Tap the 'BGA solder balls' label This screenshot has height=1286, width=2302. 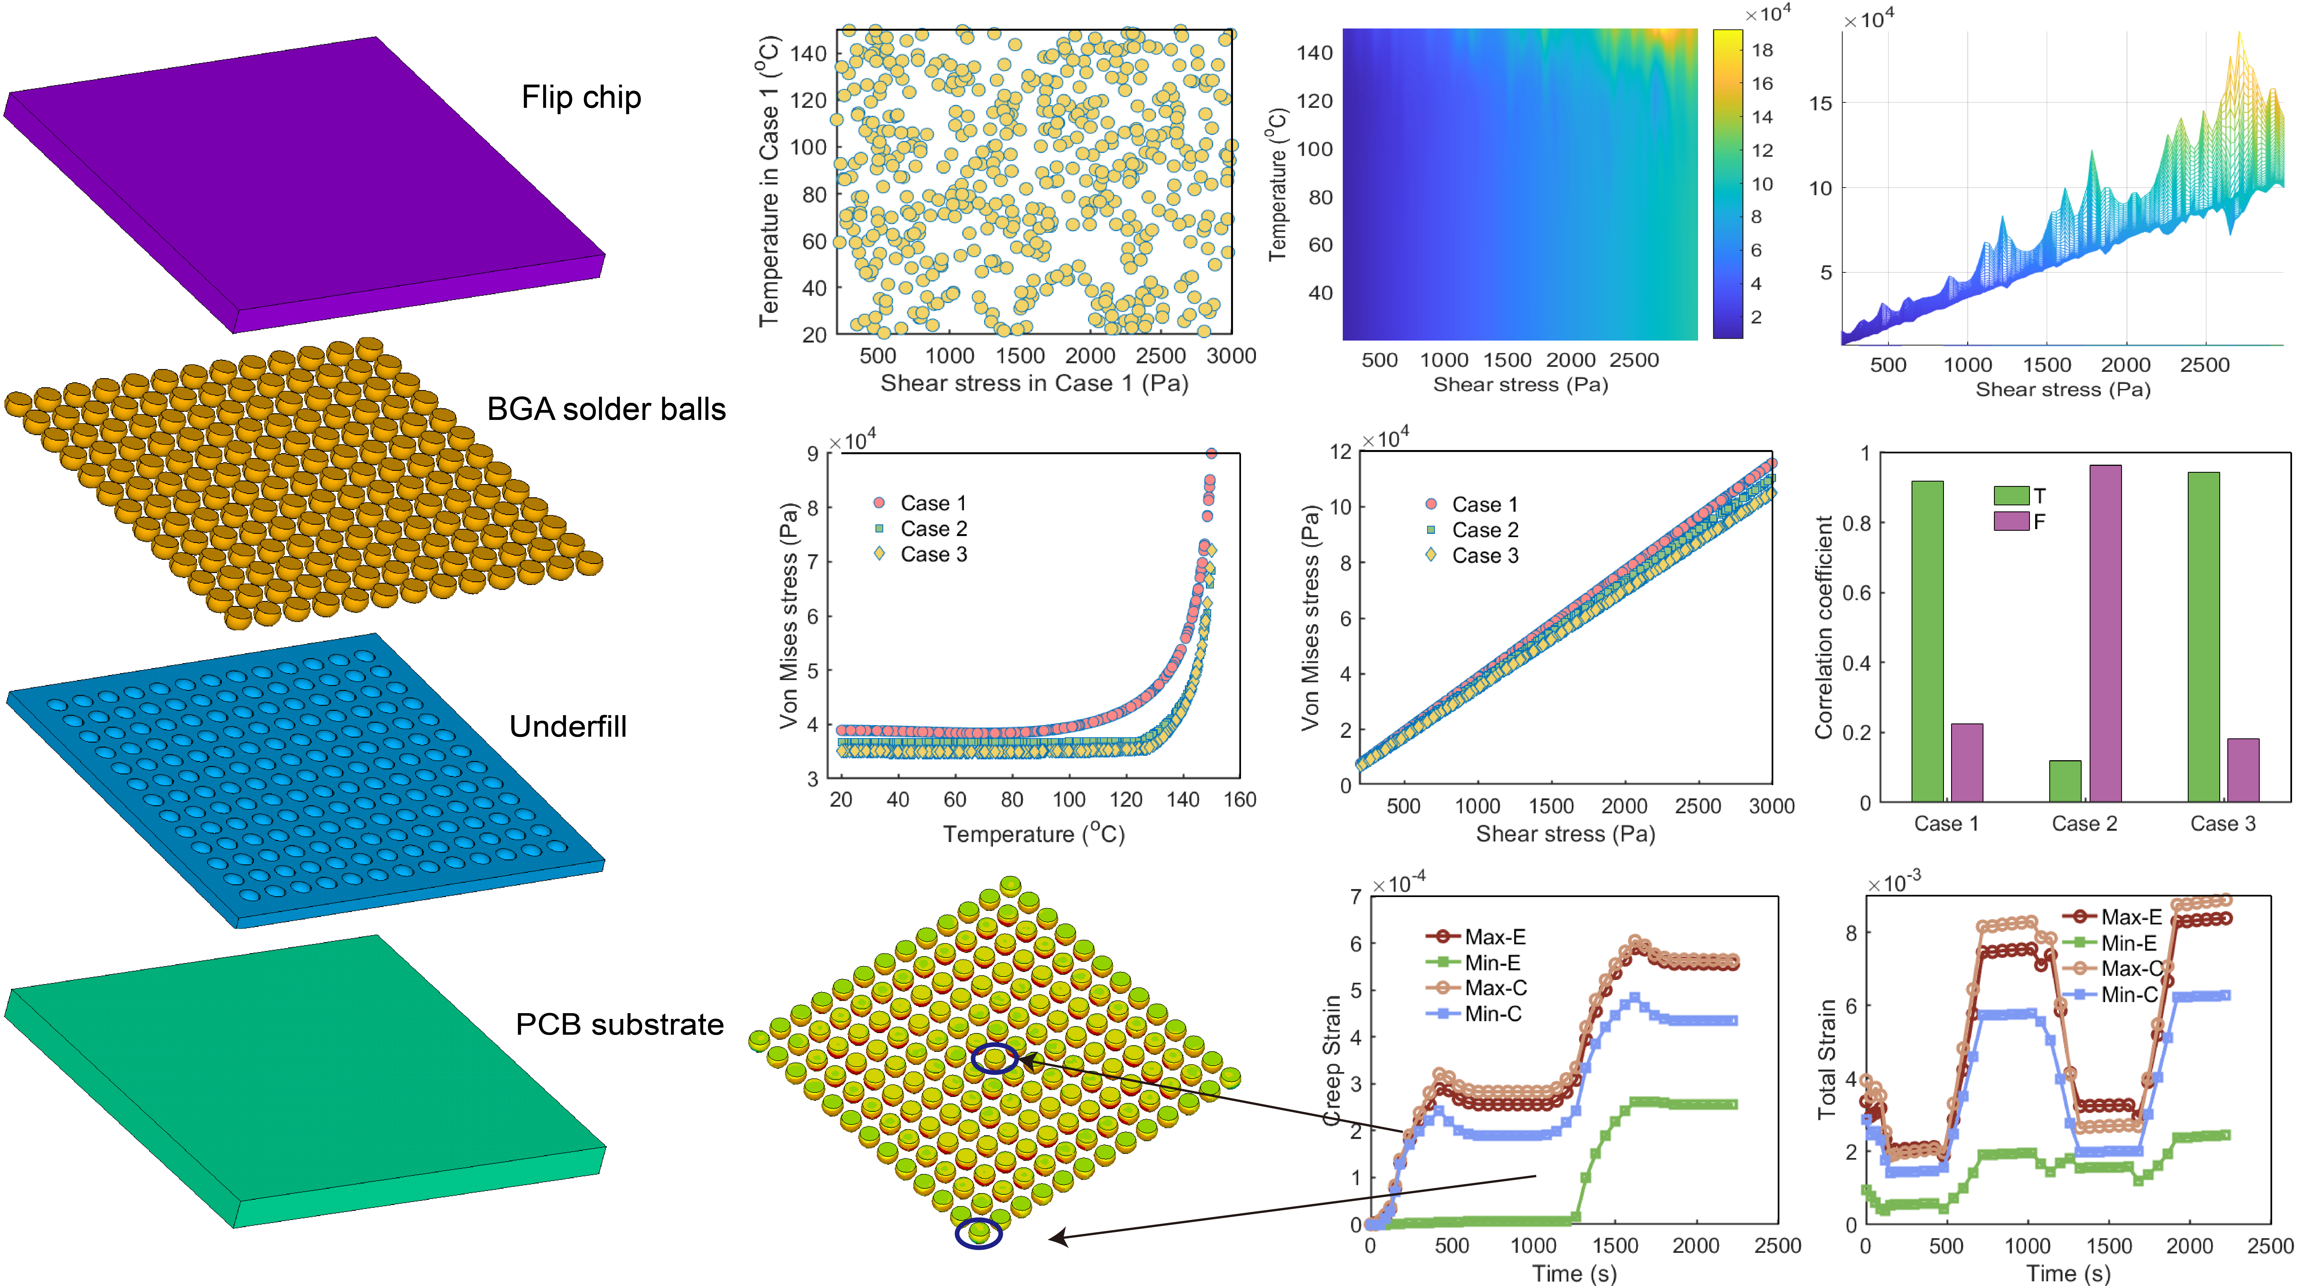click(x=606, y=409)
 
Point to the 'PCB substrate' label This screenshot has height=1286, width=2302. click(x=619, y=1024)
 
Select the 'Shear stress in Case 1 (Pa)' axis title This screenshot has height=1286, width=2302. click(x=1034, y=383)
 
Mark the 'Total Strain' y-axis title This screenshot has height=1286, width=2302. click(x=1826, y=1059)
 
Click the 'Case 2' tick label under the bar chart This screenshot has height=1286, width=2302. click(x=2084, y=823)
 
